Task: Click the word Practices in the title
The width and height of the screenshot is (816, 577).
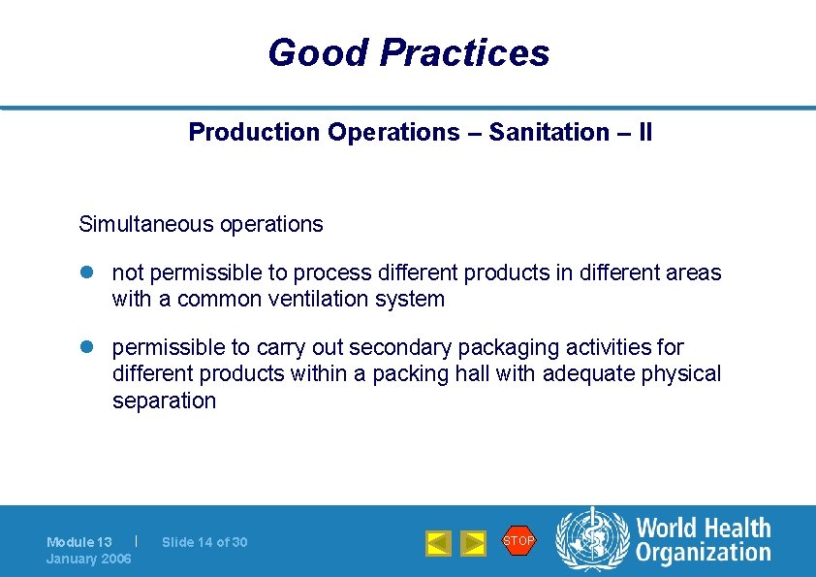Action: pos(464,52)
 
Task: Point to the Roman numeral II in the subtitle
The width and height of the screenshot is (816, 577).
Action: pos(644,132)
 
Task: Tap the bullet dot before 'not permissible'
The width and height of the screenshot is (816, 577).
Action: pos(85,273)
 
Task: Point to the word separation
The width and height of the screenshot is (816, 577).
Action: pos(164,401)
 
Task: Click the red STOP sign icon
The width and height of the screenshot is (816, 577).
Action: pos(518,540)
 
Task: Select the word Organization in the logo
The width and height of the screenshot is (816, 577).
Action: pos(704,554)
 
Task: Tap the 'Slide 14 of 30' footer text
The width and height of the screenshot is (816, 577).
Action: pos(204,542)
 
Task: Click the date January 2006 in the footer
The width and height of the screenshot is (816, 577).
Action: pos(89,559)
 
